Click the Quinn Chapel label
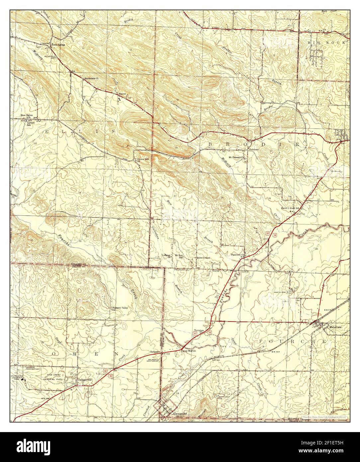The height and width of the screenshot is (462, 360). tap(204, 258)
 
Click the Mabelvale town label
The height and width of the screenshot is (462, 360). tap(336, 326)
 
